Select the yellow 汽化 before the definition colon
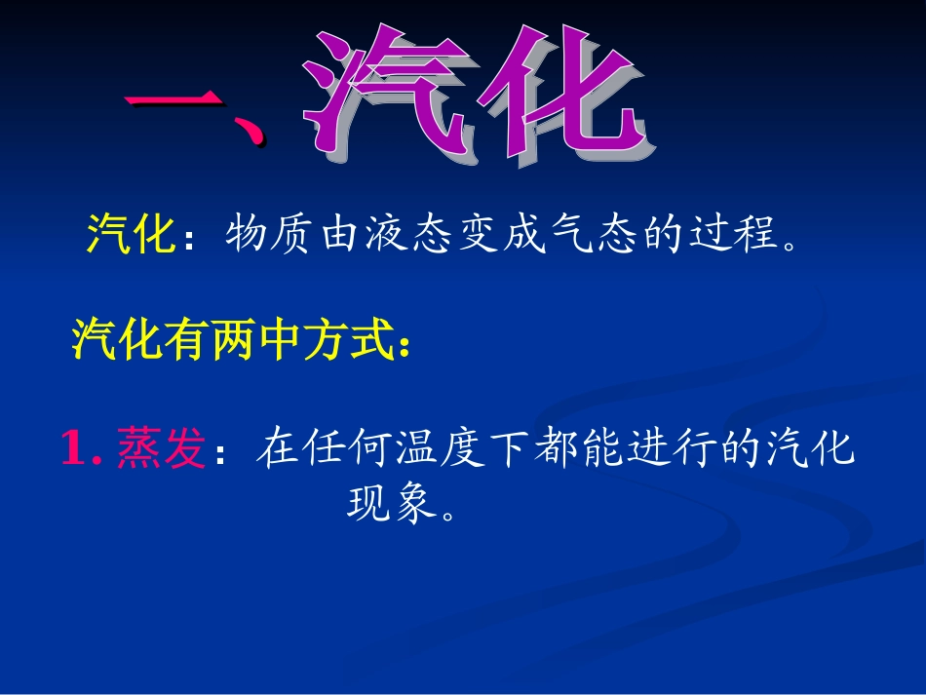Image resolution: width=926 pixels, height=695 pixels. (x=131, y=235)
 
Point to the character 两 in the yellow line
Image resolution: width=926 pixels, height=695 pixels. (x=234, y=340)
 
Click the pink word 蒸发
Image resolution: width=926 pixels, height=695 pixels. (x=161, y=450)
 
